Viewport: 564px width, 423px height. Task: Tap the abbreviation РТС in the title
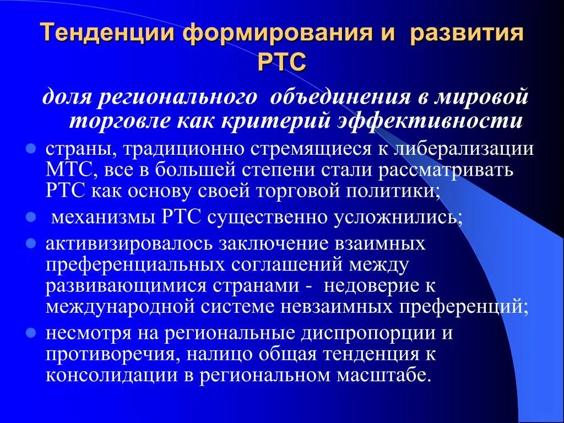[281, 62]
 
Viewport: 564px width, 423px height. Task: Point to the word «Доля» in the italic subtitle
[67, 98]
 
